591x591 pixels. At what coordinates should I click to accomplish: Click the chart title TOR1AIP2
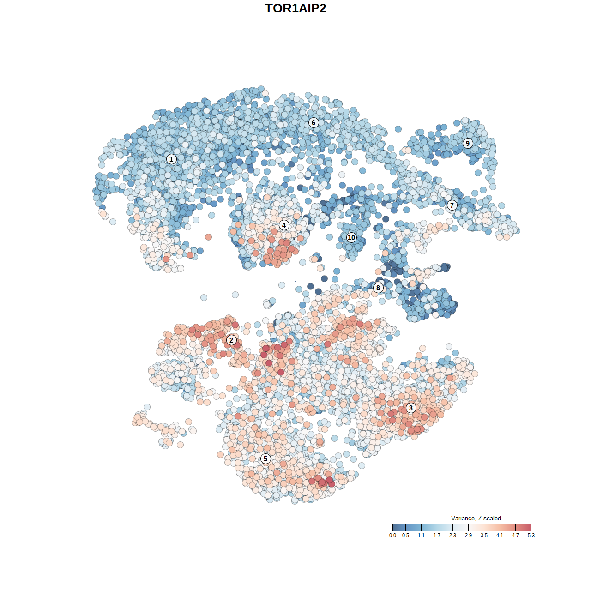(x=295, y=8)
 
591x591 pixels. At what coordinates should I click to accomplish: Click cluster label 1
(x=171, y=159)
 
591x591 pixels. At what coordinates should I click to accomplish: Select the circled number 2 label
(x=231, y=340)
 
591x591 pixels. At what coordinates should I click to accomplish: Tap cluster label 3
(x=410, y=408)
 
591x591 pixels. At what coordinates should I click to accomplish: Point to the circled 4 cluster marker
(x=284, y=225)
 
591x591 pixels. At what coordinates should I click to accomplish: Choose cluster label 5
(x=265, y=458)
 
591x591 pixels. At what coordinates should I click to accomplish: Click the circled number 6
(x=314, y=122)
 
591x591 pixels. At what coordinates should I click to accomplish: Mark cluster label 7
(x=452, y=205)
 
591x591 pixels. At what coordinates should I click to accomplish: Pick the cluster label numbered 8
(x=378, y=288)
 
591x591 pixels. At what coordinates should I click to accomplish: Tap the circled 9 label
(x=468, y=143)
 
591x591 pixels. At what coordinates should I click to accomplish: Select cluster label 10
(x=351, y=237)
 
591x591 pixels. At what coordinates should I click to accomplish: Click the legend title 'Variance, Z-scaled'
(x=476, y=518)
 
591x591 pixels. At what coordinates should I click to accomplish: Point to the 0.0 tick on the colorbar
(x=392, y=535)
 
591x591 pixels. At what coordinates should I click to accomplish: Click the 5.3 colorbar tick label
(x=531, y=535)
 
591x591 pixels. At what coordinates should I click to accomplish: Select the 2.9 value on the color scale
(x=468, y=535)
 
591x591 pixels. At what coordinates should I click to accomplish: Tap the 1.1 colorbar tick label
(x=421, y=535)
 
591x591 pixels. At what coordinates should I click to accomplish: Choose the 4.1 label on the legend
(x=500, y=535)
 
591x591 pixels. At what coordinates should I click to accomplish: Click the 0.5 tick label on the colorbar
(x=405, y=535)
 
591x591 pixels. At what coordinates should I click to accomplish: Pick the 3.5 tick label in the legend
(x=484, y=535)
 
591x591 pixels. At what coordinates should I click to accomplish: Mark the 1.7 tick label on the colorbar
(x=437, y=535)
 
